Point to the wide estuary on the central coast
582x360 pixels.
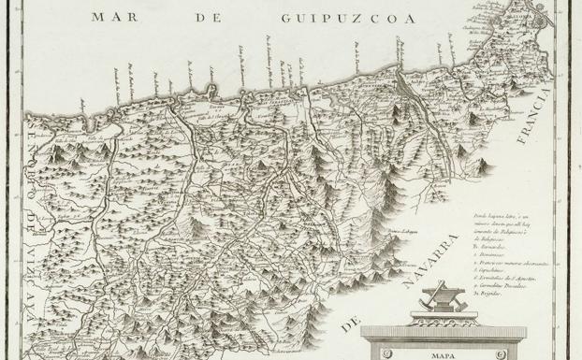pyautogui.click(x=403, y=79)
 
